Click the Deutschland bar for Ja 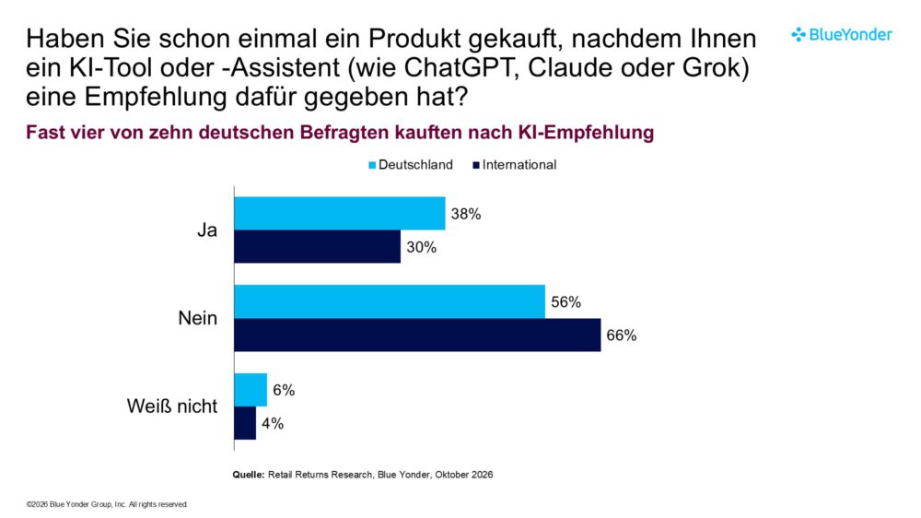tap(340, 214)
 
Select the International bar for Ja tap(317, 246)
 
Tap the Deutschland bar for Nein tap(390, 301)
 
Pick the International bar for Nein tap(417, 336)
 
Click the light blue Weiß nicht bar tap(251, 390)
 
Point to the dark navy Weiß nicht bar tap(245, 423)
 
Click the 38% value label tap(466, 214)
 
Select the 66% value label tap(622, 336)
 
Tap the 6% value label tap(284, 391)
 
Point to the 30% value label tap(421, 248)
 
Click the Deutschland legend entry tap(411, 165)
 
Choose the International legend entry tap(515, 165)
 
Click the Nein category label tap(198, 318)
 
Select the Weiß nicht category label tap(172, 406)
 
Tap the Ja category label tap(207, 230)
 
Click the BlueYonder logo tap(842, 35)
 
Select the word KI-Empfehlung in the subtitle tap(586, 133)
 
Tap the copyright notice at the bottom tap(107, 504)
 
